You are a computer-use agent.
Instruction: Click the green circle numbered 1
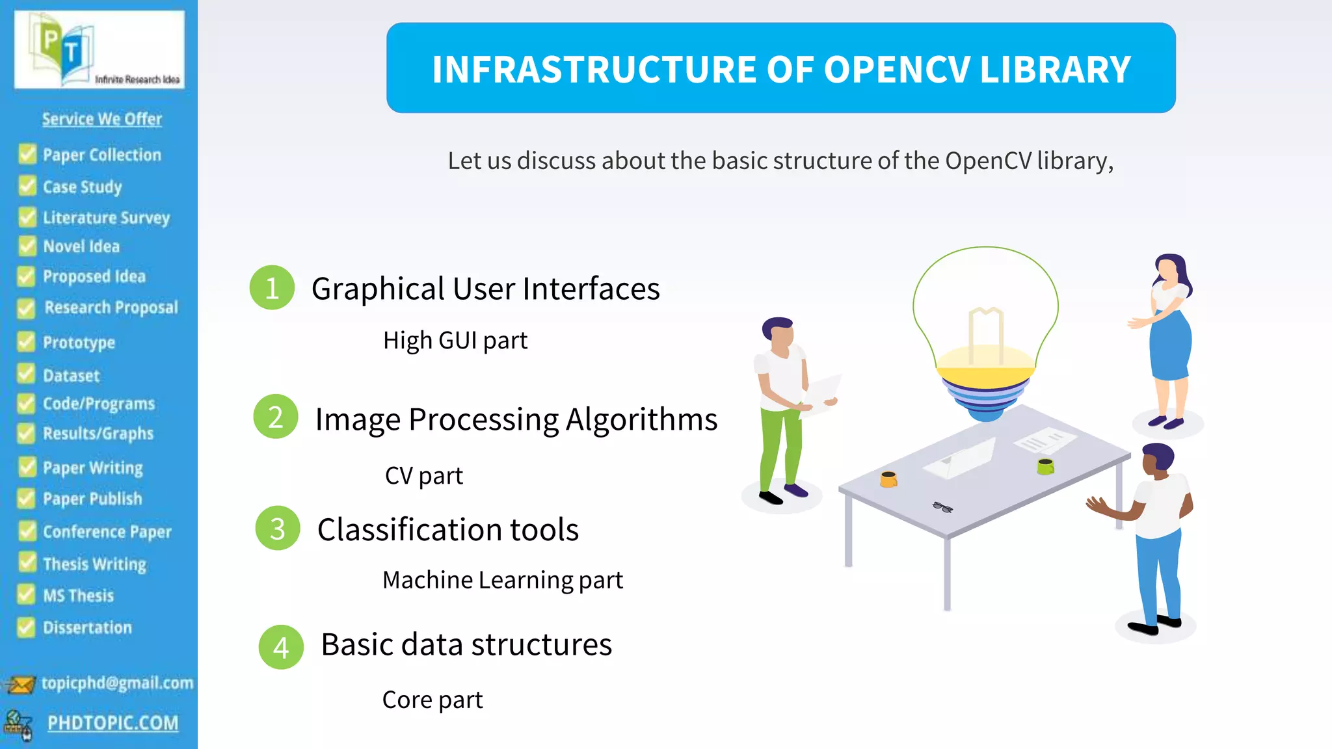272,287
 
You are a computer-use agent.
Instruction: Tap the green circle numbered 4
281,647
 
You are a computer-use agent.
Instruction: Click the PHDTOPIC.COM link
113,722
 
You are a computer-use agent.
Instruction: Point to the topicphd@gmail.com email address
117,683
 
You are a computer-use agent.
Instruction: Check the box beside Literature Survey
27,217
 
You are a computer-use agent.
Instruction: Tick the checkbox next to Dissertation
26,627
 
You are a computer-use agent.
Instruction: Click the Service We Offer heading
102,119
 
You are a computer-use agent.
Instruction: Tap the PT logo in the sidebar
99,50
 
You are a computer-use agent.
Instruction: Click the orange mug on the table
888,480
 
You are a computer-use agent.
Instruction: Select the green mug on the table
1045,466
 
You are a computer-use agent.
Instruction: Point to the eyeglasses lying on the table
942,507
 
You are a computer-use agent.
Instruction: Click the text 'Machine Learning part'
502,580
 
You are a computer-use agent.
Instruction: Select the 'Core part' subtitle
433,700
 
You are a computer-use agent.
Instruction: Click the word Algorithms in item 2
641,419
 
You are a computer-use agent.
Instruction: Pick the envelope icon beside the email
20,685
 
